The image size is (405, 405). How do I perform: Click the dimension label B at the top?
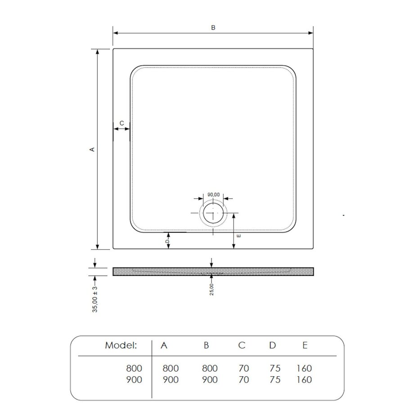[213, 27]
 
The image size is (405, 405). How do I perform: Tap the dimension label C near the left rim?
[121, 123]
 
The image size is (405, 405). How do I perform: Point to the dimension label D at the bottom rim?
[167, 242]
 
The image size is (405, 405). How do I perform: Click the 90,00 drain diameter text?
[213, 194]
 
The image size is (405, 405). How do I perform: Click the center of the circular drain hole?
[212, 214]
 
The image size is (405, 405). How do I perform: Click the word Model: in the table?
[121, 346]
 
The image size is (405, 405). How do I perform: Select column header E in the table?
[305, 346]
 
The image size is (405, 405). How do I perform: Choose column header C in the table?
[242, 346]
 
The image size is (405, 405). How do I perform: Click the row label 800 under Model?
[133, 369]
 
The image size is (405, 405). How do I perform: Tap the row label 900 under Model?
[133, 380]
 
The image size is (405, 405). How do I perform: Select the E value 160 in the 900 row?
[304, 380]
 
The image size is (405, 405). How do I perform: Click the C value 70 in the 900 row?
[243, 380]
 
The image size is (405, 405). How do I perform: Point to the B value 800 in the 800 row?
[209, 369]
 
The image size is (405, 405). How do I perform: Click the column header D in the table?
[272, 346]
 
